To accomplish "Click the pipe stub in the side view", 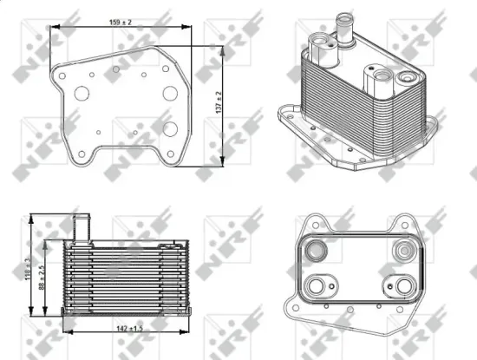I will click(84, 228).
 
